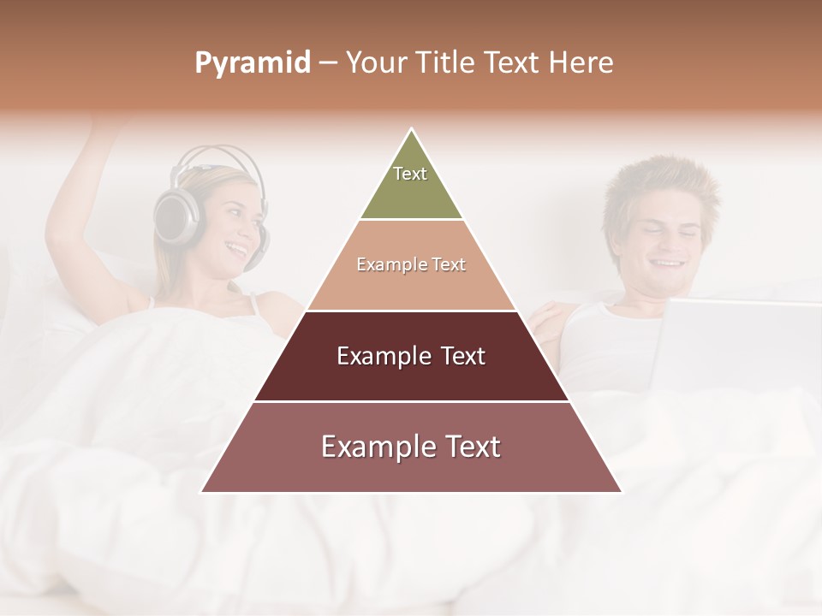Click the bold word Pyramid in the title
pyautogui.click(x=252, y=63)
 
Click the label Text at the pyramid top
pyautogui.click(x=410, y=174)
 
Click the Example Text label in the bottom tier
pyautogui.click(x=411, y=447)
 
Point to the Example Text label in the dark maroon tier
pyautogui.click(x=411, y=356)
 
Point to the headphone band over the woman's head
pyautogui.click(x=214, y=156)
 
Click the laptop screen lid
pyautogui.click(x=736, y=342)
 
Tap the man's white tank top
pyautogui.click(x=599, y=342)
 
